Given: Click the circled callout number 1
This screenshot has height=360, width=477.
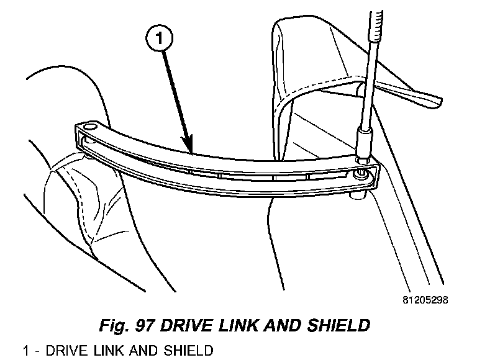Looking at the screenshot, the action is [159, 40].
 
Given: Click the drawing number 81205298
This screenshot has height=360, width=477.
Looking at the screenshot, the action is [424, 300].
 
